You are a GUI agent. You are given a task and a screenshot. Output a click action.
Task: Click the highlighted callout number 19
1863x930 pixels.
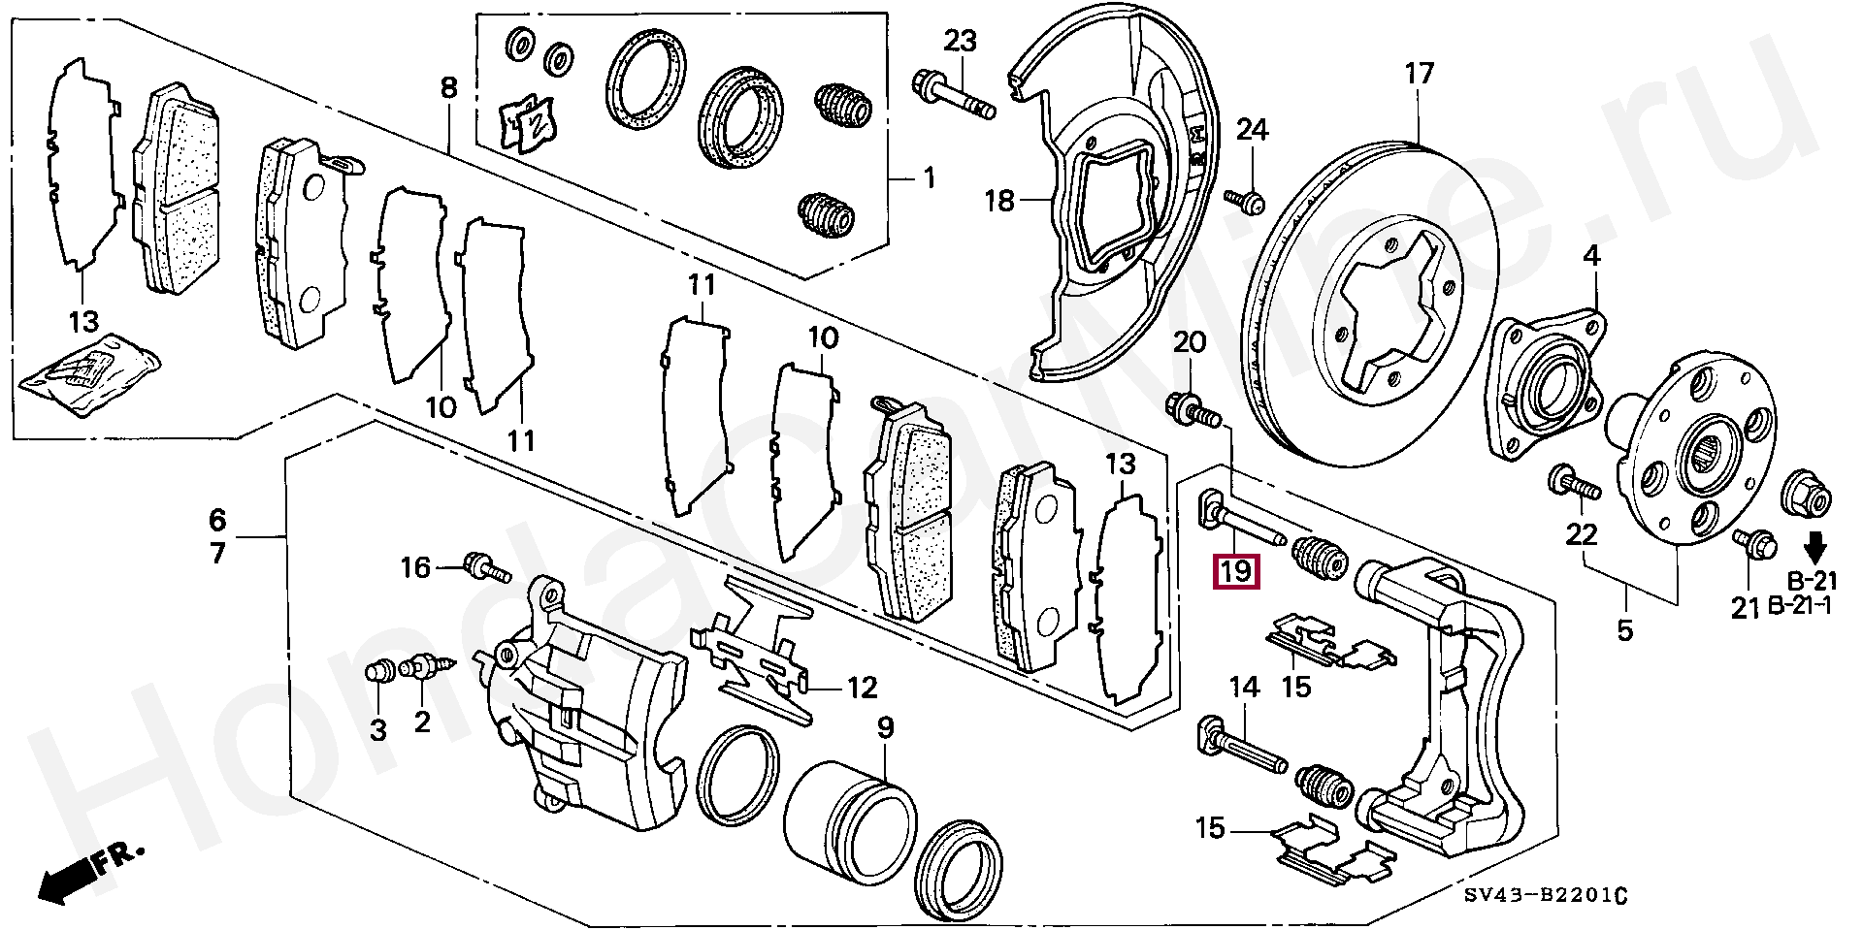(1236, 570)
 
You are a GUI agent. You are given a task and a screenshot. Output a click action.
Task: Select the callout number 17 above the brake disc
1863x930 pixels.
(1418, 74)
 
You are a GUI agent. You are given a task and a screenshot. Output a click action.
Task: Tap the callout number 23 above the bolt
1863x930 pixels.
(960, 41)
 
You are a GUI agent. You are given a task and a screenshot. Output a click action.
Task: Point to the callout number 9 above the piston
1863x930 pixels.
(886, 726)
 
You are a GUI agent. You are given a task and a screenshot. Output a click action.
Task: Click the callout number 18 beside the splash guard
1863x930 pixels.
(998, 201)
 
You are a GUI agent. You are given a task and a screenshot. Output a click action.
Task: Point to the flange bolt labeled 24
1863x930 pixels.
(1245, 201)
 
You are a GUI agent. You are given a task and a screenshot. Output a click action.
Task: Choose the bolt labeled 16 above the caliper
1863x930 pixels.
(487, 565)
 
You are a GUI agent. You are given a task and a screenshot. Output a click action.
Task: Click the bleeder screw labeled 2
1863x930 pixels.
(428, 667)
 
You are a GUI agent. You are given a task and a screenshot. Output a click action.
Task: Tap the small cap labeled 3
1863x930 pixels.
(379, 670)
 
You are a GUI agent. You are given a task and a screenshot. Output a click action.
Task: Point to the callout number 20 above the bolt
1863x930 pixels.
(1191, 341)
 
